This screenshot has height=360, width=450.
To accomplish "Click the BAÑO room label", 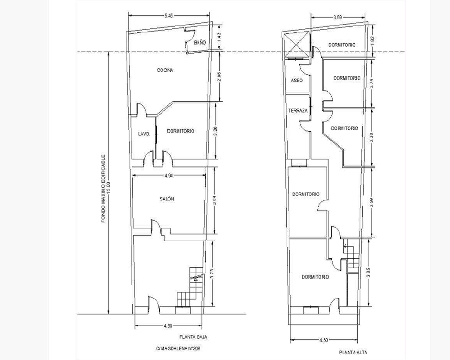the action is [x=200, y=42].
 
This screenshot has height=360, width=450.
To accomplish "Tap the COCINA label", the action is [x=165, y=70].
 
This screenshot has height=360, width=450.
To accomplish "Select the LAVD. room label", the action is [x=144, y=134].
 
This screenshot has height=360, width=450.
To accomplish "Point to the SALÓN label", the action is [x=167, y=198].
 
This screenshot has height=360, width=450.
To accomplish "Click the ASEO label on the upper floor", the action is [x=297, y=81].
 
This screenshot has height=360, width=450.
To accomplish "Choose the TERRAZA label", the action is [x=298, y=111].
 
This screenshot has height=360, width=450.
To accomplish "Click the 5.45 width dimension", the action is [x=168, y=16].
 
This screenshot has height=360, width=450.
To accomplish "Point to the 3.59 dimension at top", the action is [x=337, y=17].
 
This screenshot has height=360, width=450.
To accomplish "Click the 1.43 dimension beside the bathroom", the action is [x=219, y=37].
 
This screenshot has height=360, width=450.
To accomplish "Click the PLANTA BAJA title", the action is [x=193, y=337].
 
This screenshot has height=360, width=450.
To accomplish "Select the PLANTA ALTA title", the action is [x=353, y=352].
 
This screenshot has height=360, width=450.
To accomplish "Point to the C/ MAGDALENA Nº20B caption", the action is [x=178, y=349].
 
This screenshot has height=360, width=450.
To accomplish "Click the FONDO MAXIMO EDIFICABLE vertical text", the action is [x=103, y=189].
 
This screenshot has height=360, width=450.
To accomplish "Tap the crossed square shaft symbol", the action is [x=297, y=45].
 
